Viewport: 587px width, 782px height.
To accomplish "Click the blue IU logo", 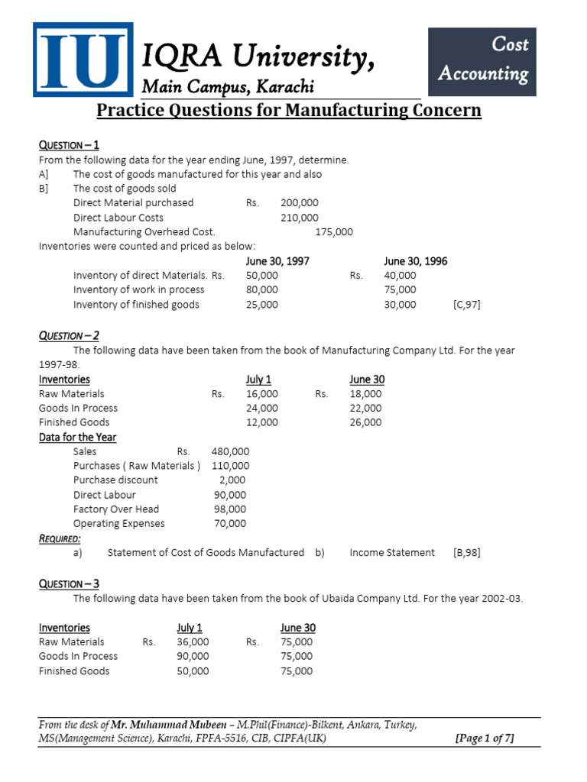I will (83, 60).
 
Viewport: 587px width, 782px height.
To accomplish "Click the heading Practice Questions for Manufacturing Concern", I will (289, 111).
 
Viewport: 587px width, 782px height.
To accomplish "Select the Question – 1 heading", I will (69, 145).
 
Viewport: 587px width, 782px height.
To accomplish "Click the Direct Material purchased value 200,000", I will (300, 203).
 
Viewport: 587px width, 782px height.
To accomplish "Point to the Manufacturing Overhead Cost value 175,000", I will (334, 232).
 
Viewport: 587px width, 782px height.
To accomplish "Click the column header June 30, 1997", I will (277, 261).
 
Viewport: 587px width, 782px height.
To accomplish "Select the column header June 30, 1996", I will (415, 261).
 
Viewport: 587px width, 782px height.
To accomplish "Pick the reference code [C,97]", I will (466, 305).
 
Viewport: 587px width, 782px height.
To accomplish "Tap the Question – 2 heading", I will (69, 335).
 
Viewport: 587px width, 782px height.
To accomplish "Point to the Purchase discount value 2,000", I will (232, 480).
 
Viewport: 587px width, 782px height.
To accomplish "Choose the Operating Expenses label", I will (118, 524).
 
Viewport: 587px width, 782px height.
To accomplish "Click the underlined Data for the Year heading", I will (77, 438).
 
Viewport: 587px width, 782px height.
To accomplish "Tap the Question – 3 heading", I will (69, 583).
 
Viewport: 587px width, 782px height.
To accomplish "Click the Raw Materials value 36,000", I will (193, 642).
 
